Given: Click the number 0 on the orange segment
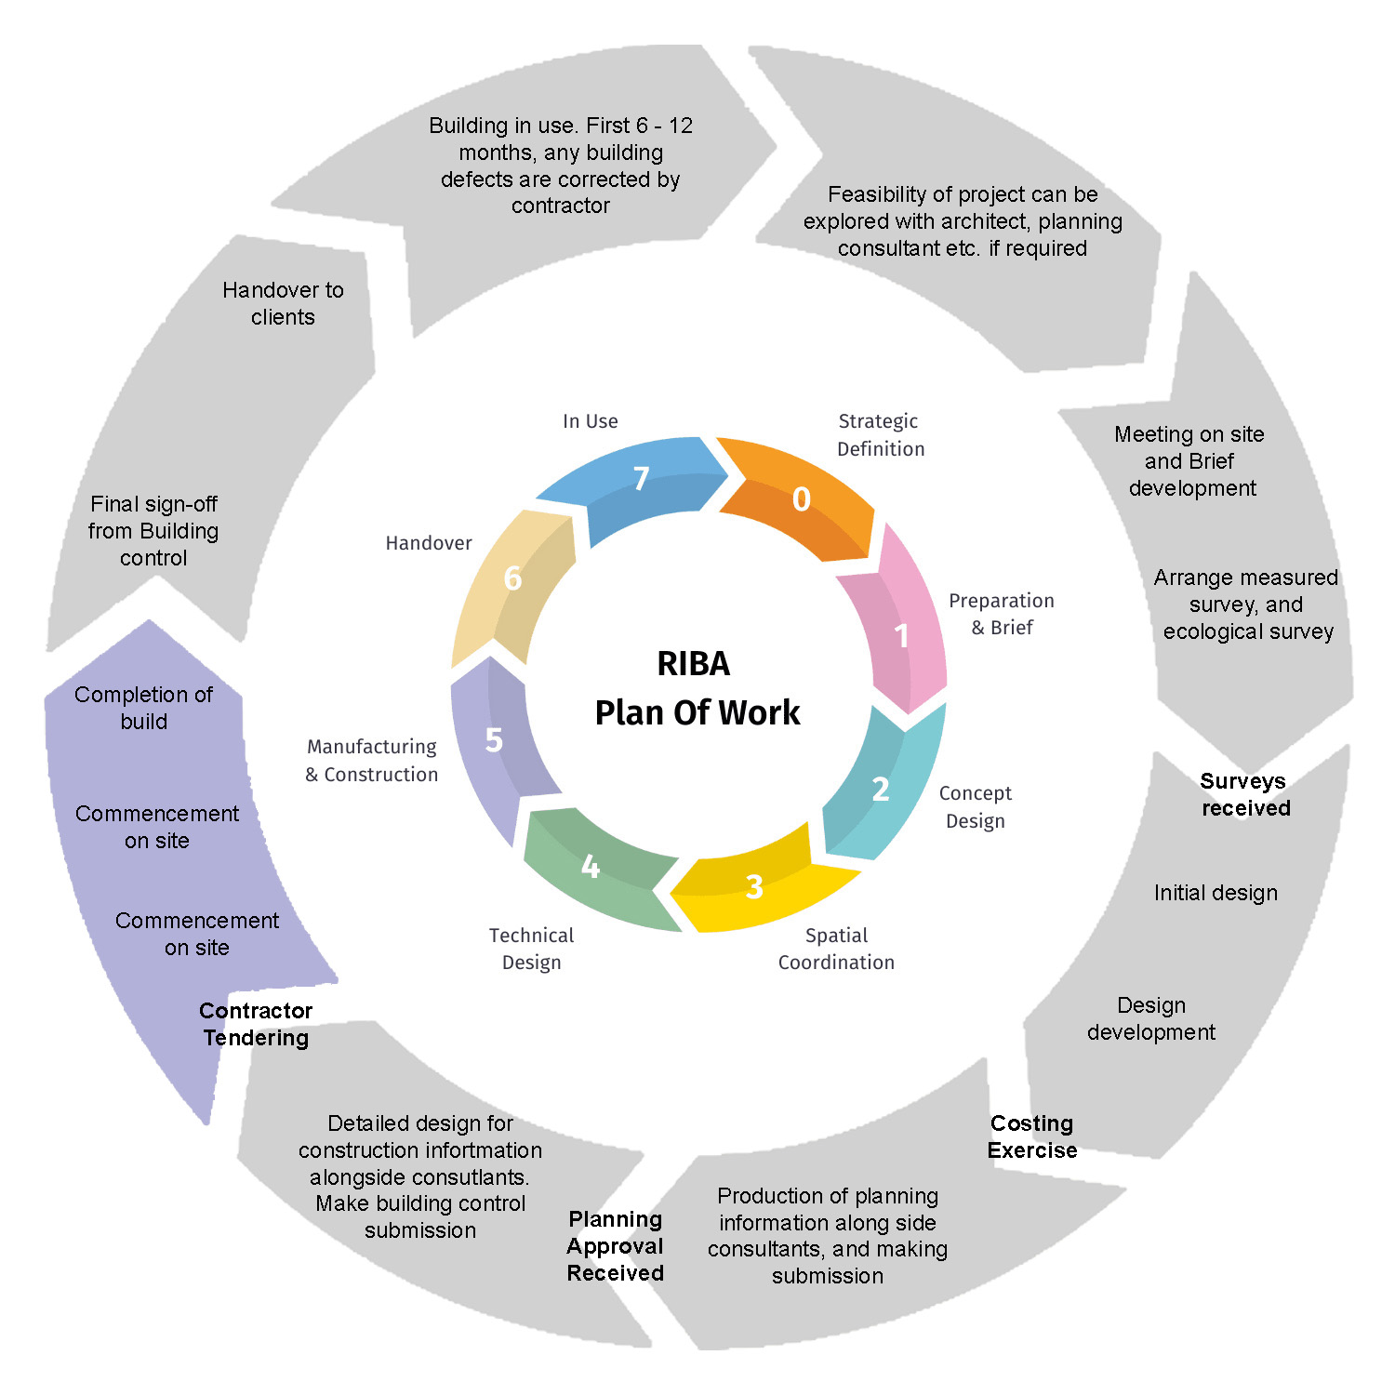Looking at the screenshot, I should click(x=801, y=499).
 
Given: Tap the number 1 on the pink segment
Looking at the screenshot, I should click(x=901, y=636).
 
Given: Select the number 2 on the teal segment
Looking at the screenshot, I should click(x=880, y=790).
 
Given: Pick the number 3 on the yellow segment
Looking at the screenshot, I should click(x=754, y=887).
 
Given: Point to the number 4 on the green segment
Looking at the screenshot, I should click(x=590, y=867).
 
